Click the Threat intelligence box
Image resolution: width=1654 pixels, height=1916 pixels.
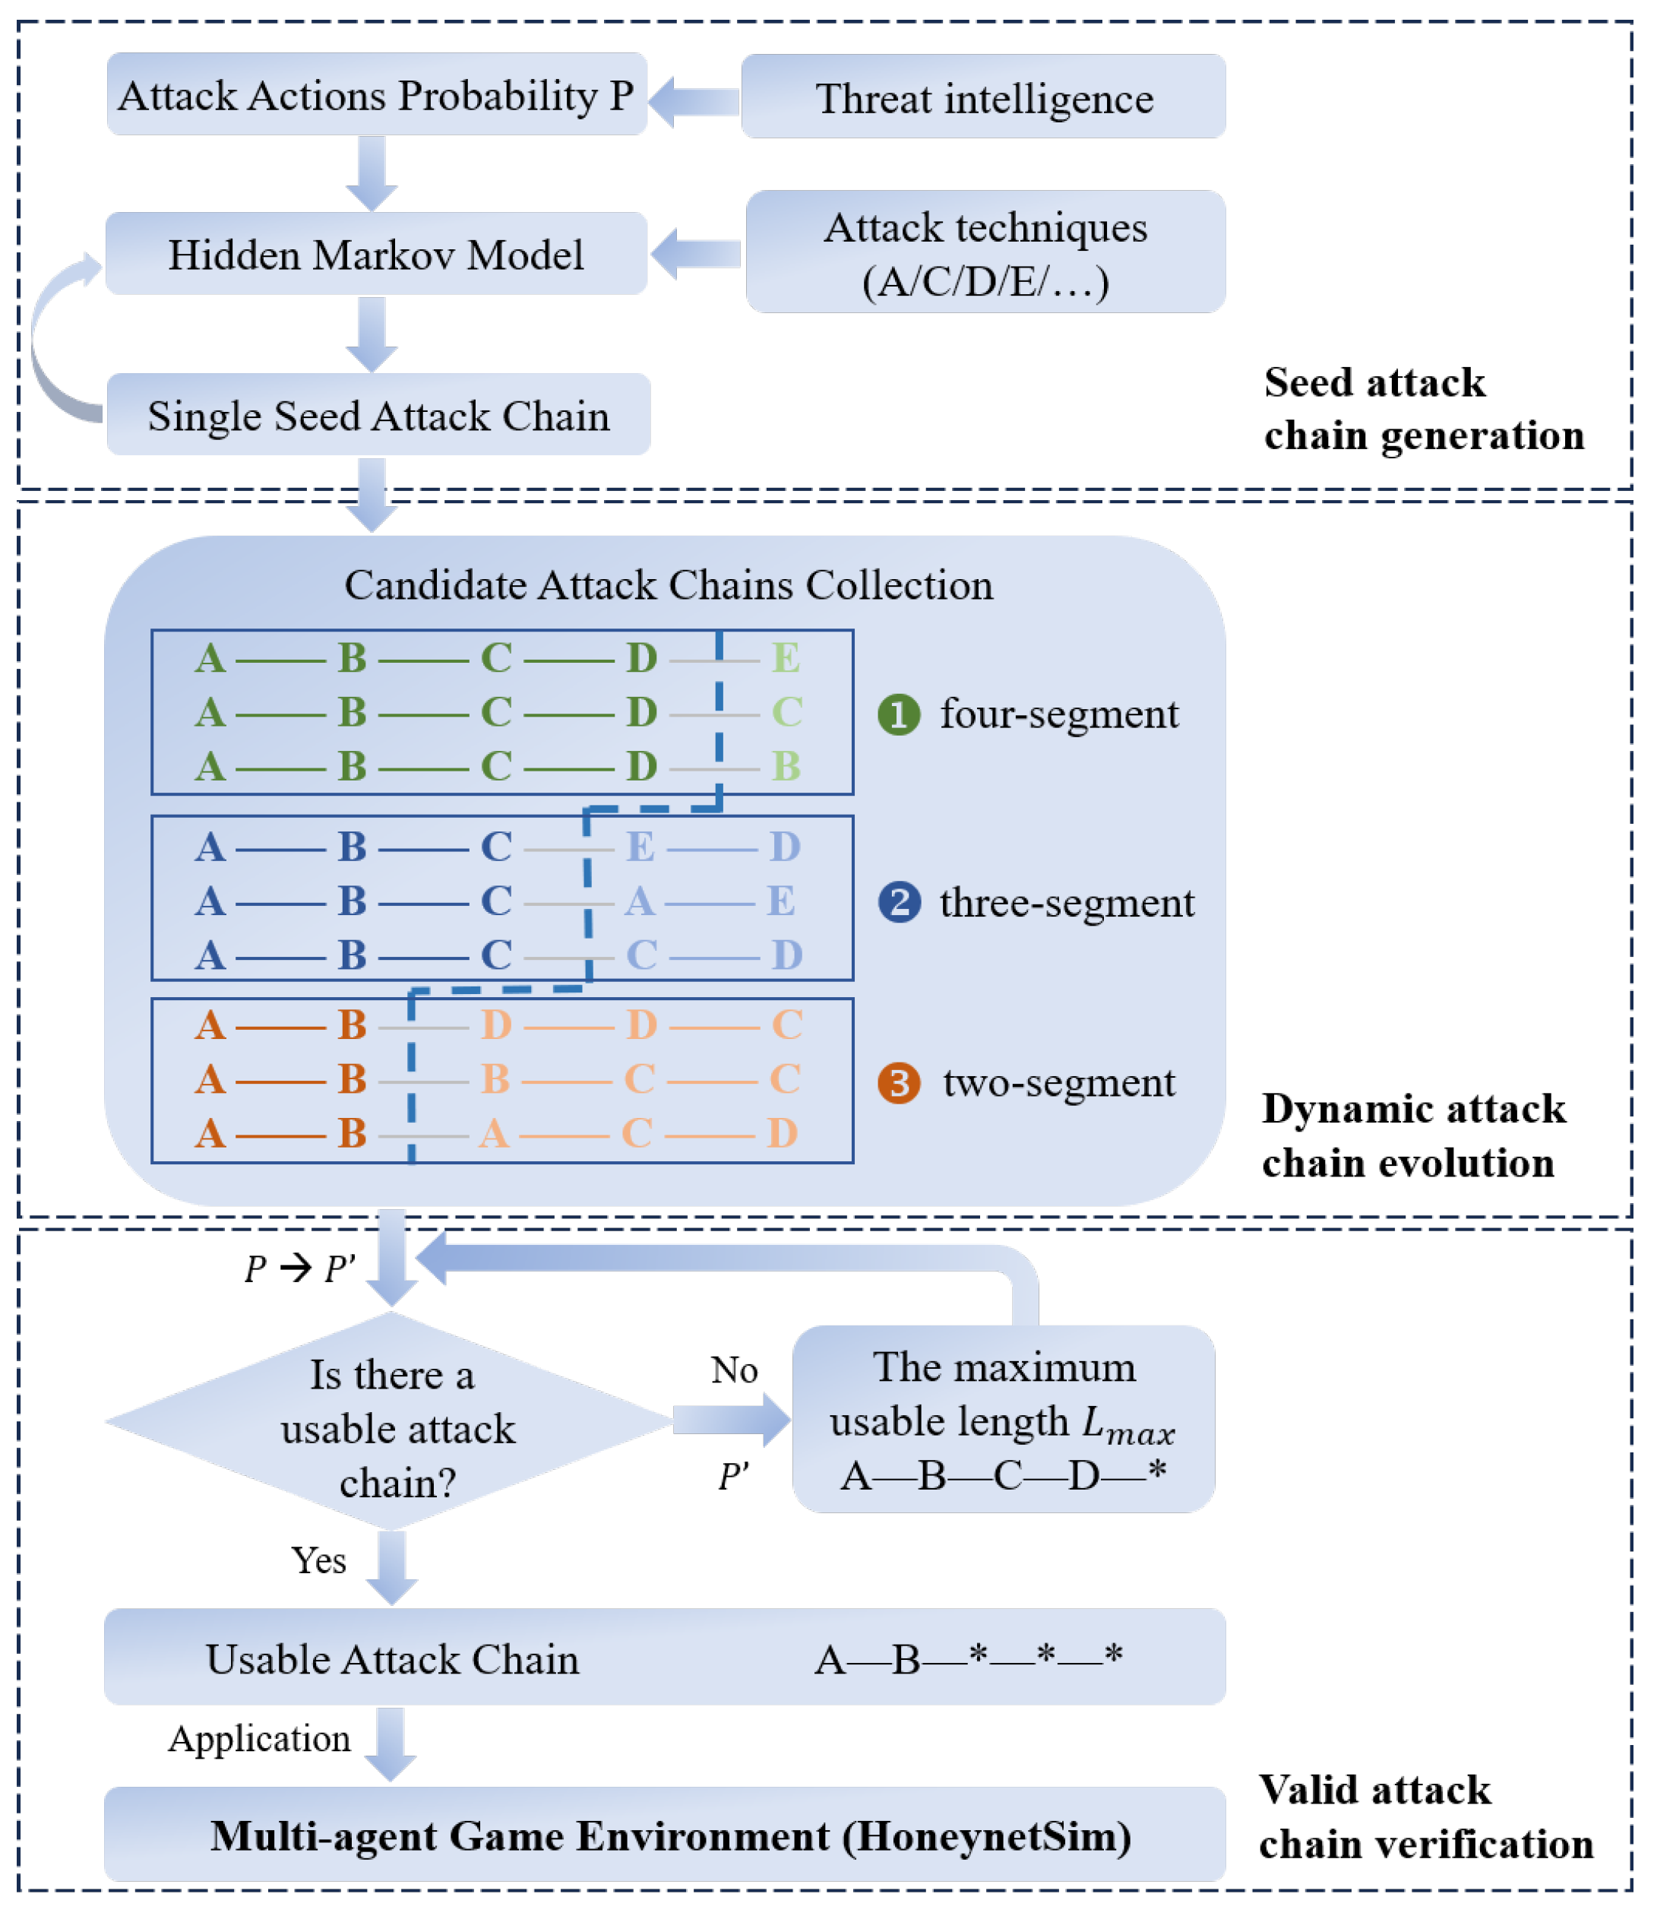983,97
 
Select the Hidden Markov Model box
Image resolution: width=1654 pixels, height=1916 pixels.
376,255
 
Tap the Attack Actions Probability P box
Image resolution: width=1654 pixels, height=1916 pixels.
376,94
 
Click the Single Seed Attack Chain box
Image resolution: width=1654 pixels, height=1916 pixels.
378,415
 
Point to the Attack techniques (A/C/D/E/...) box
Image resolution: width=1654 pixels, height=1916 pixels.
985,252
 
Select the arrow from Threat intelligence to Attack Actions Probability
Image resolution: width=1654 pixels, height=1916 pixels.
695,100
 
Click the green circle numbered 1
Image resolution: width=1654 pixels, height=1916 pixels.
898,715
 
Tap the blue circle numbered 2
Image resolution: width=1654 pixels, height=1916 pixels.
899,902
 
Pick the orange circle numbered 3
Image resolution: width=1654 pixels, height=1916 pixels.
898,1083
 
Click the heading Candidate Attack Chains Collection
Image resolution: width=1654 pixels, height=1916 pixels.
669,585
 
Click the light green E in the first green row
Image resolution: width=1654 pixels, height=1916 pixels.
786,658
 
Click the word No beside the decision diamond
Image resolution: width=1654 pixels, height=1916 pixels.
733,1370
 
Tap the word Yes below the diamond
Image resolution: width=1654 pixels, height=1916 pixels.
318,1561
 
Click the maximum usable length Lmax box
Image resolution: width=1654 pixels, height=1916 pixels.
1003,1420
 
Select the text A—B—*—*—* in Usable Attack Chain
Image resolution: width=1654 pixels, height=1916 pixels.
968,1659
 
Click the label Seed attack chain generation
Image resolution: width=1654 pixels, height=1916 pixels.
1424,409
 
